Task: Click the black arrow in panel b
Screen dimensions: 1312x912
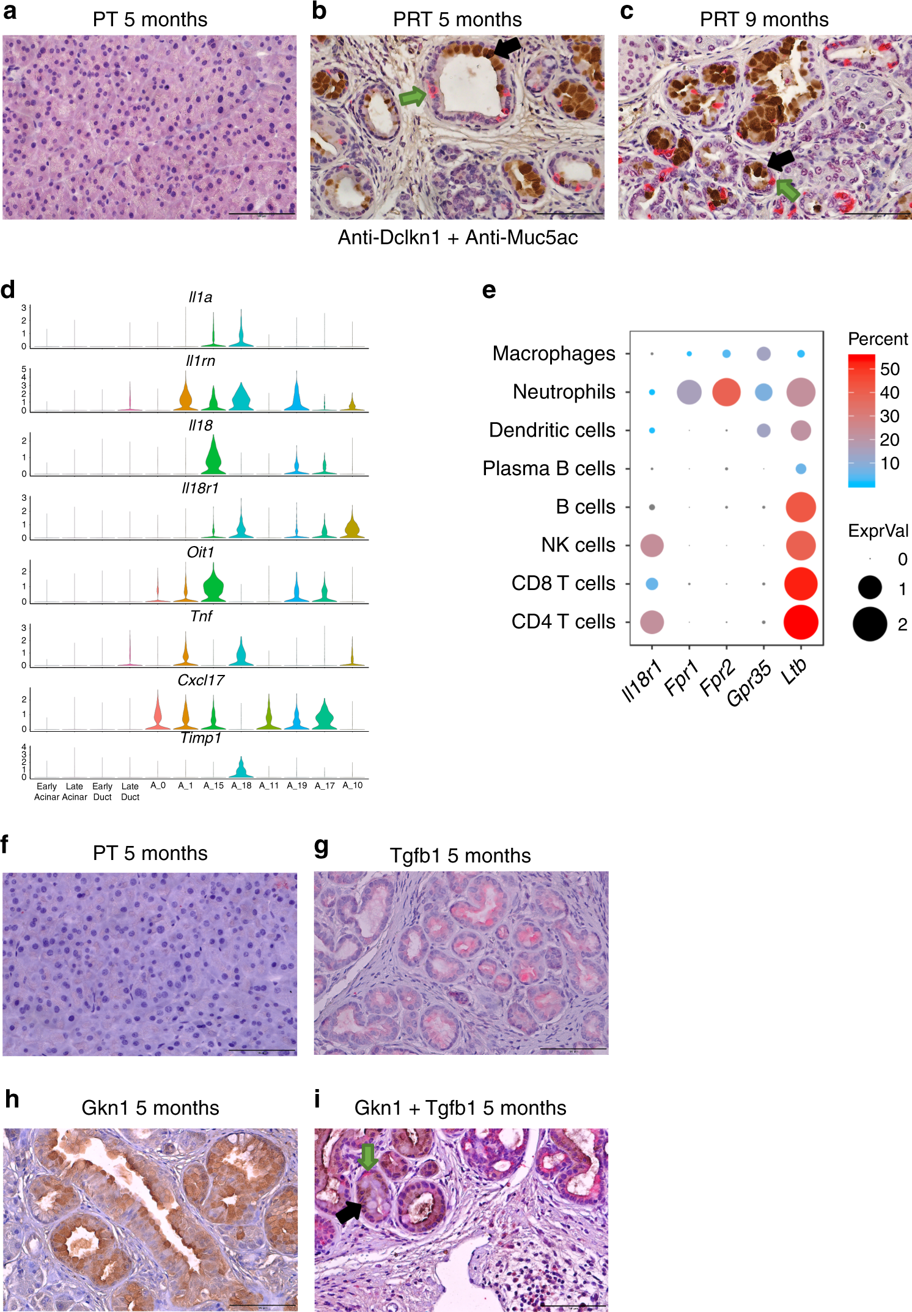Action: (507, 48)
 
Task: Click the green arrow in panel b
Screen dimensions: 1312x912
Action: (413, 97)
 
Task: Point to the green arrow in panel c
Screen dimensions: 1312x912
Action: (788, 190)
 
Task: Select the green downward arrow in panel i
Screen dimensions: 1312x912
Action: (367, 1156)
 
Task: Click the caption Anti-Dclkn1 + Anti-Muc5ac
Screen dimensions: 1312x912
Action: (457, 238)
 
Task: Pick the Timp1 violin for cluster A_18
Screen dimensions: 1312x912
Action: (241, 768)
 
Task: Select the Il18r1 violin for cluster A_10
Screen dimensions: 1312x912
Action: (352, 527)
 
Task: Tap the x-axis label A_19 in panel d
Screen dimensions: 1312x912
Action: (296, 785)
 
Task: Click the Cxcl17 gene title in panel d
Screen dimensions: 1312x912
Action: (200, 680)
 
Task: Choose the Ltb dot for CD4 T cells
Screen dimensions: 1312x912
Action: (800, 622)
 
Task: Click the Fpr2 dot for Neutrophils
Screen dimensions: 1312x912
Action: (726, 392)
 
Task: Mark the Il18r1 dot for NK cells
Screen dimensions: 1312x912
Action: (652, 545)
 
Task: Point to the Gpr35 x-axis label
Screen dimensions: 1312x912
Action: (749, 684)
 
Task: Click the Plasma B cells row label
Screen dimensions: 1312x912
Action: (548, 468)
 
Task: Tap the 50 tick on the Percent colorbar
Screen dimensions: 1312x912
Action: (889, 369)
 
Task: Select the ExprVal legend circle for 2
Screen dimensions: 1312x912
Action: (869, 624)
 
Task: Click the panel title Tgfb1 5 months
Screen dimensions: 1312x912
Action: (460, 856)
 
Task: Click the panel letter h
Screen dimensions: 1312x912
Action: (12, 1099)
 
